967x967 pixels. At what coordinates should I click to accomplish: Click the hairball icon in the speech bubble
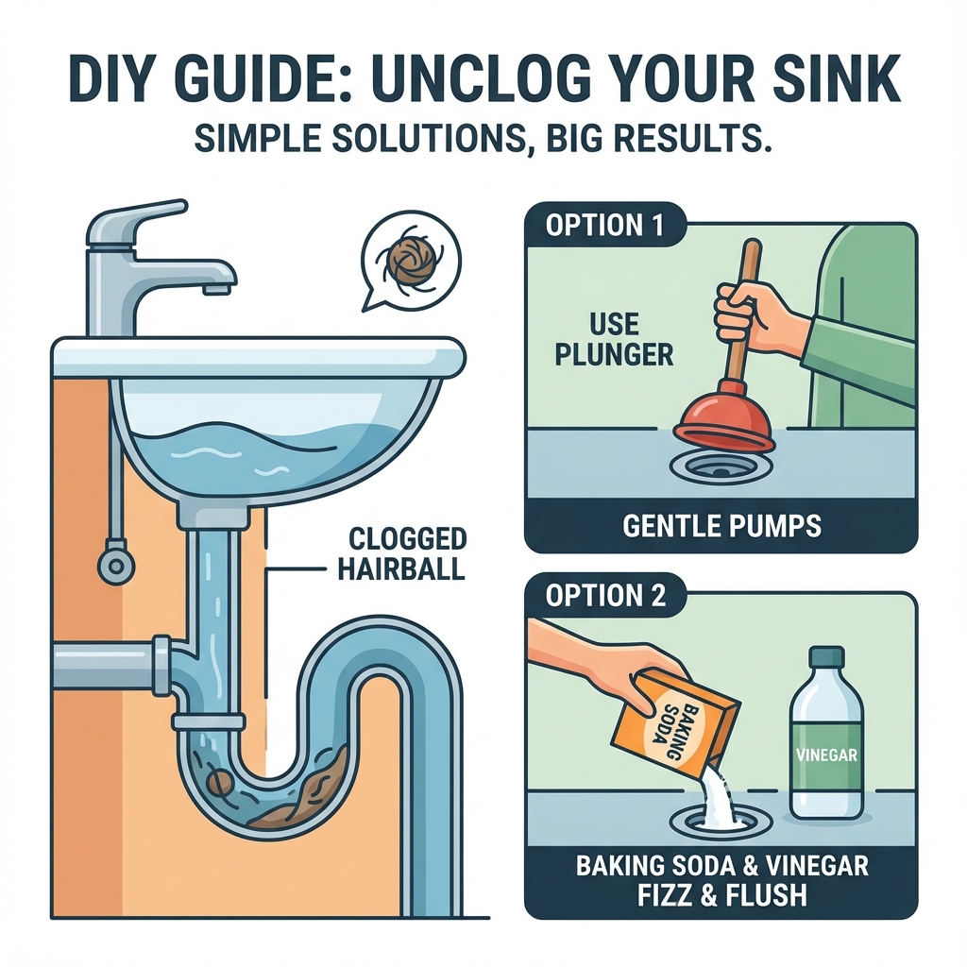412,263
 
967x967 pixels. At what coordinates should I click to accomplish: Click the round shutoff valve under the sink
115,565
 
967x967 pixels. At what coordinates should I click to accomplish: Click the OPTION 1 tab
605,225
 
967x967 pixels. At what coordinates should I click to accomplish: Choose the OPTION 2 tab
605,596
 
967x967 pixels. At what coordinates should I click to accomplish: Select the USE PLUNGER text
614,339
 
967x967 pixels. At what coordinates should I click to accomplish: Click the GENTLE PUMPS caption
721,526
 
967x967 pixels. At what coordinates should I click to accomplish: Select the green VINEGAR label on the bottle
825,755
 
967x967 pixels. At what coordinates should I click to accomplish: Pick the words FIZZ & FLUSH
721,895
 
